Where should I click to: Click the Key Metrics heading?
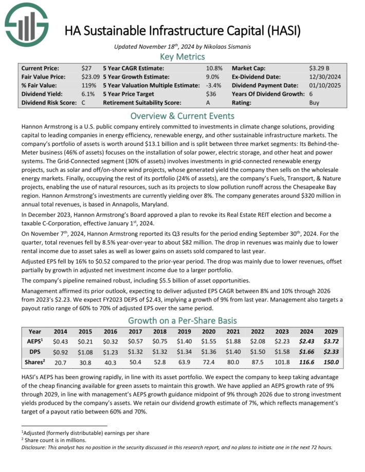(x=182, y=56)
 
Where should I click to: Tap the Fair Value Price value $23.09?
(x=91, y=77)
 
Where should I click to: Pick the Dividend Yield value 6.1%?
(x=88, y=94)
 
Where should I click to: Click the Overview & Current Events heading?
(x=182, y=115)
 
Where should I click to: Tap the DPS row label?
(x=34, y=352)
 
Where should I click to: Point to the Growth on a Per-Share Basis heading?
(x=182, y=322)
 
